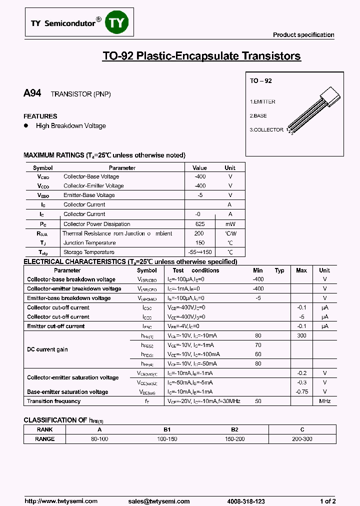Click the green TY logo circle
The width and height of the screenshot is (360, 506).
(117, 23)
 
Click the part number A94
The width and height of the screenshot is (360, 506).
(32, 93)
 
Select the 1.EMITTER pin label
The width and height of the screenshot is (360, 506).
(262, 101)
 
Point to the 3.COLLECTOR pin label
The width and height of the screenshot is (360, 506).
(266, 129)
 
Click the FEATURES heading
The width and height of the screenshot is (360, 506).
(40, 116)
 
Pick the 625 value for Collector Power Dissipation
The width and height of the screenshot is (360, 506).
(200, 224)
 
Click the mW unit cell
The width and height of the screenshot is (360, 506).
(230, 224)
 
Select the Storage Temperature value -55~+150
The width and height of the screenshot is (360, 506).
(200, 252)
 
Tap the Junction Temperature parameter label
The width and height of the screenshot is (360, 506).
(90, 243)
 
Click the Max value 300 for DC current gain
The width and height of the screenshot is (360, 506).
(301, 335)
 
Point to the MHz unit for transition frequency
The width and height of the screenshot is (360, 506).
(324, 401)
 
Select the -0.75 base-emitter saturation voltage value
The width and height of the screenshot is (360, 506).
(301, 392)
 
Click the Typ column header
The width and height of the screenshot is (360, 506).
(279, 270)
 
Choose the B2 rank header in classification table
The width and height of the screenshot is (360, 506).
(234, 429)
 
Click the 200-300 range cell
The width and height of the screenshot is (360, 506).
(302, 439)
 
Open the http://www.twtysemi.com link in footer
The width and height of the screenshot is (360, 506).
(57, 501)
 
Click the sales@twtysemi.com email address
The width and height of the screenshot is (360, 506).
(159, 501)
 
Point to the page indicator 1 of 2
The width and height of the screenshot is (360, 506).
(328, 501)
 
